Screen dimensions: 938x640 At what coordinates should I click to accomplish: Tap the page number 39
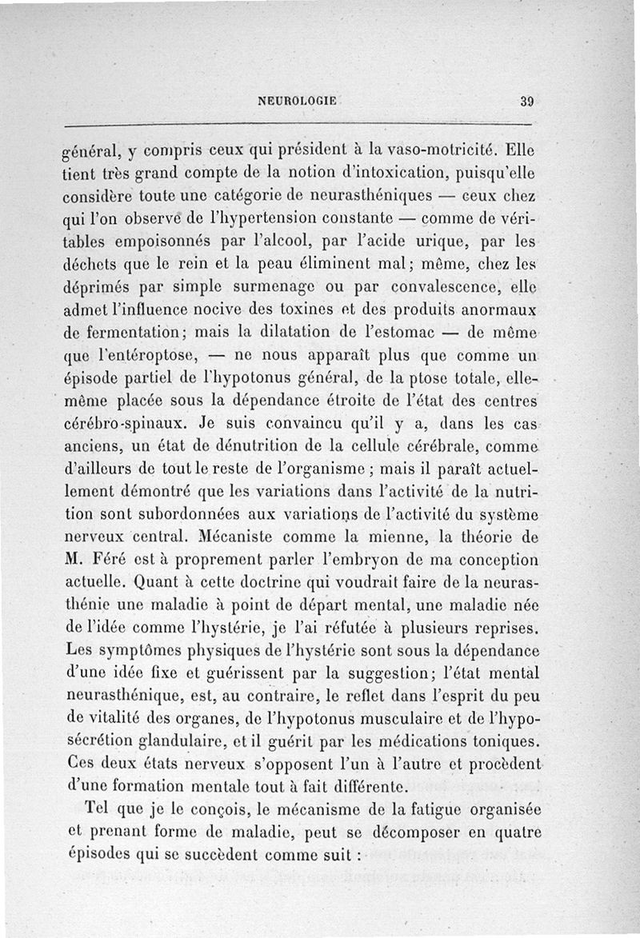pos(526,102)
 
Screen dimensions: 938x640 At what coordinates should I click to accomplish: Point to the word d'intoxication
pos(370,171)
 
